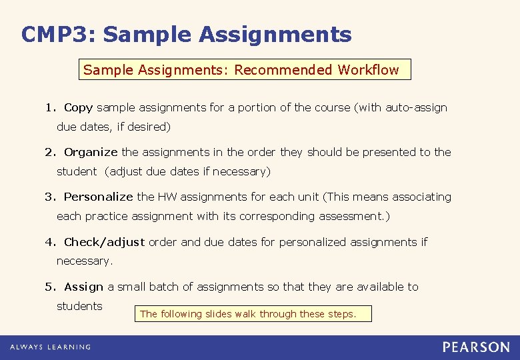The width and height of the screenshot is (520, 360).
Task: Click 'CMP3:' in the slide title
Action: [58, 34]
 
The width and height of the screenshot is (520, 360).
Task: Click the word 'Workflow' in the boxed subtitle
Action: [368, 70]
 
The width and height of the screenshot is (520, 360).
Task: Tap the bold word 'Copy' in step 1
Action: [78, 107]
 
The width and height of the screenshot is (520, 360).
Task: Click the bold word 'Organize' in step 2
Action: [91, 152]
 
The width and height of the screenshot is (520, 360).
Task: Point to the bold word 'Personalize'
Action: [99, 197]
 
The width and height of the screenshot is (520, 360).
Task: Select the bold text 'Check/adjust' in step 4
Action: [104, 242]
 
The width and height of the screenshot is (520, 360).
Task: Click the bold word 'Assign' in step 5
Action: [83, 287]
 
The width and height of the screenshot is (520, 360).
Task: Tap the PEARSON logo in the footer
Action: [476, 347]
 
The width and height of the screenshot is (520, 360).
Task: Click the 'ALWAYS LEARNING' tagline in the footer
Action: [50, 347]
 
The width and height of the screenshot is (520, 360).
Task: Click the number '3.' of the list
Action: [51, 197]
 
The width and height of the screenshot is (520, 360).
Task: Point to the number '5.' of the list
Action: [51, 287]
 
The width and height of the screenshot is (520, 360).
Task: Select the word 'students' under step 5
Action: [79, 306]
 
